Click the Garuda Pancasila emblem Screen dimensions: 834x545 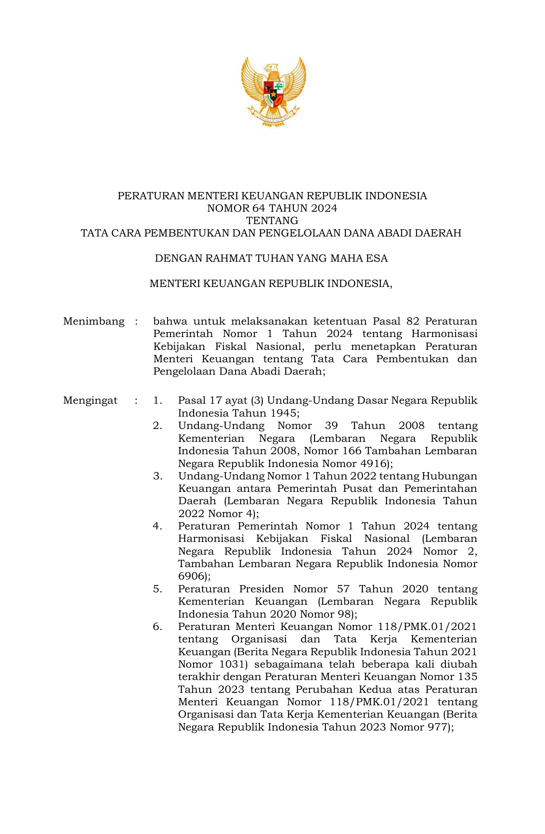273,92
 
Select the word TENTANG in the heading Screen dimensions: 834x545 272,221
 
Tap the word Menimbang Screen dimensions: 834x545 94,321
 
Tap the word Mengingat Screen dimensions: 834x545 90,400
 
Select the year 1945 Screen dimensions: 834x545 284,413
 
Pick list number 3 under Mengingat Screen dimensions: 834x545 158,476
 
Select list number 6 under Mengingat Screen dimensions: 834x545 158,627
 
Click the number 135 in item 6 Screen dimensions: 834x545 467,677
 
